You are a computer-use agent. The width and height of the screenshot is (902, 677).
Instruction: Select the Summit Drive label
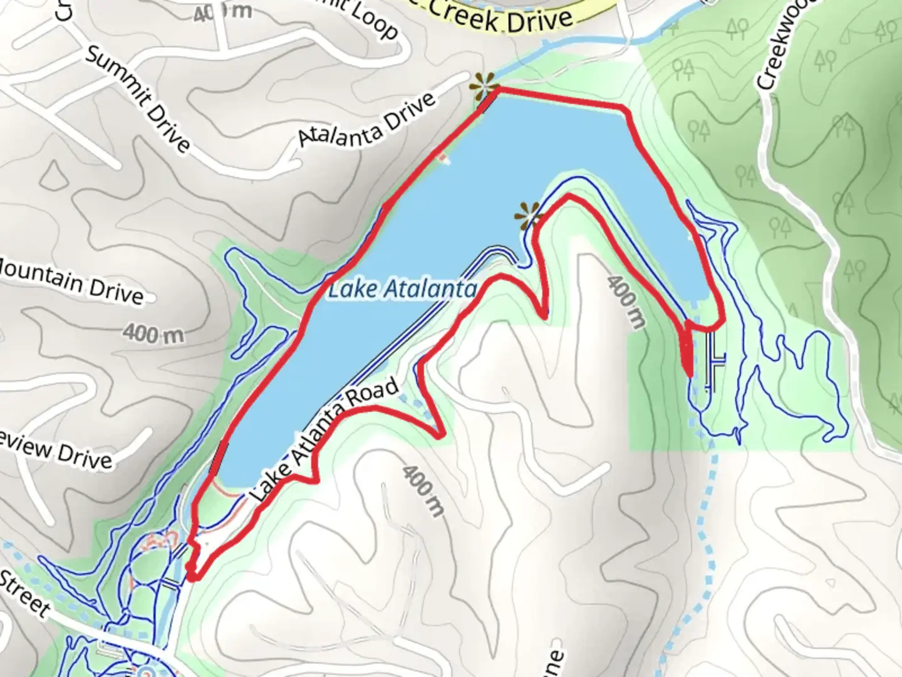(137, 98)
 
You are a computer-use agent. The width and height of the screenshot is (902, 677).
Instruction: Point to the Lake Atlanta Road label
(325, 439)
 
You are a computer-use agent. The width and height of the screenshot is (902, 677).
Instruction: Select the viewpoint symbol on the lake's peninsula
(528, 216)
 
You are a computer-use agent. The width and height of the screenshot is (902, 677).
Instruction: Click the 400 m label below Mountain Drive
(153, 333)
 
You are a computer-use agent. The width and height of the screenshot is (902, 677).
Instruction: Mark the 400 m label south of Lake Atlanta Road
(423, 490)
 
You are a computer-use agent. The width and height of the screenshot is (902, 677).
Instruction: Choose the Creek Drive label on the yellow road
(501, 19)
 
